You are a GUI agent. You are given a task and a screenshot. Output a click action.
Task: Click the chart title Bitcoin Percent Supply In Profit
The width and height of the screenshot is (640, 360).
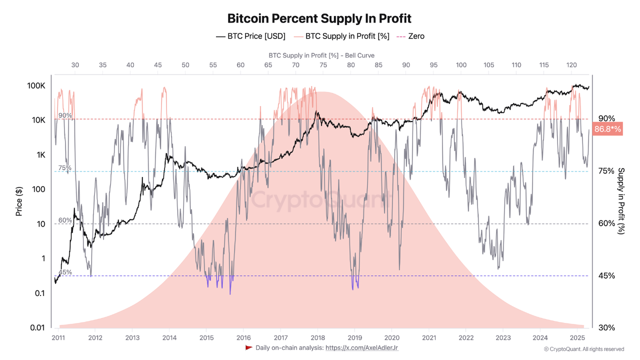[319, 18]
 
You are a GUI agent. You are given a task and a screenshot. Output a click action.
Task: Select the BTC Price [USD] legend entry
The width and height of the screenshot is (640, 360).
[250, 36]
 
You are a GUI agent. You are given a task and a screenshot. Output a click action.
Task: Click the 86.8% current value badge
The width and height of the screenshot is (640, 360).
[607, 129]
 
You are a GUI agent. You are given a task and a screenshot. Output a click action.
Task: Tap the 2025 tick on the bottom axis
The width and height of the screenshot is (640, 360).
[577, 337]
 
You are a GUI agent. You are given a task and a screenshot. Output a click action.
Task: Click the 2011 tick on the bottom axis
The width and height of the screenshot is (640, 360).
[58, 337]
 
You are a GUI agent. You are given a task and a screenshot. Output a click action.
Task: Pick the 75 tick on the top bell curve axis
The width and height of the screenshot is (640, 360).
[323, 65]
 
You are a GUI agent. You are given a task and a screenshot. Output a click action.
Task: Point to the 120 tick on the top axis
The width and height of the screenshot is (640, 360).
[571, 65]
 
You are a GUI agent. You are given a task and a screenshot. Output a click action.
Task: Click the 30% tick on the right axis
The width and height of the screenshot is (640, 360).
[606, 327]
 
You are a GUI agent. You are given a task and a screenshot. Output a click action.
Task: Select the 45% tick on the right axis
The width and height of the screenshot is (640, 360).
[606, 275]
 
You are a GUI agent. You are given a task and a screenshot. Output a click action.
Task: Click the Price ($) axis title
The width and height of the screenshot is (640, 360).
[19, 200]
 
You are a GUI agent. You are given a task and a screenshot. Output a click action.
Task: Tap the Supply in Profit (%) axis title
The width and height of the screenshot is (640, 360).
[621, 200]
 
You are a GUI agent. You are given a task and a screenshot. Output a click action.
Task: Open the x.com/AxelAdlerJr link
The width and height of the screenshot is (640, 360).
[361, 347]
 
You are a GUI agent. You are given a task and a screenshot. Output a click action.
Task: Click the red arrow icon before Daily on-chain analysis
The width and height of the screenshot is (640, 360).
[248, 347]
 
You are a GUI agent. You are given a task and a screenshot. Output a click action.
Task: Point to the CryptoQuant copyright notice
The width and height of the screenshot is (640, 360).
[583, 349]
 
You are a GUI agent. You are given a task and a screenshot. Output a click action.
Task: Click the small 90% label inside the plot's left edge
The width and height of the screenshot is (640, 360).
[65, 115]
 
